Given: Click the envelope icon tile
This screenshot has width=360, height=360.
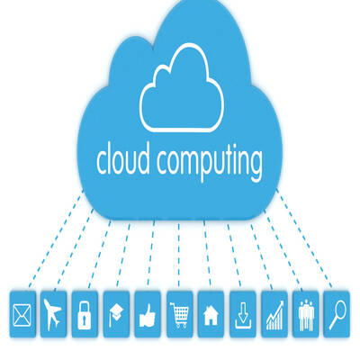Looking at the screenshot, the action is [22, 314].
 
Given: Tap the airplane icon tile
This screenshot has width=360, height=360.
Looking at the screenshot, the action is [53, 314].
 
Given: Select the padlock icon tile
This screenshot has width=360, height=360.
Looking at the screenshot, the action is [85, 314].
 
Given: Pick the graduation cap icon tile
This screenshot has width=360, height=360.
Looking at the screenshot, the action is [116, 314].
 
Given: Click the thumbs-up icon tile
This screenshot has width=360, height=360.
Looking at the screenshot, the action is [148, 314].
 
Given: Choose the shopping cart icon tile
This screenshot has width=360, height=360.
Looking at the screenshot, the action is [179, 314].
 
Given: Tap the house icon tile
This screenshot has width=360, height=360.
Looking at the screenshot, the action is [211, 314].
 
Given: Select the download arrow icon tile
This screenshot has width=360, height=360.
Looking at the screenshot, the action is [243, 314].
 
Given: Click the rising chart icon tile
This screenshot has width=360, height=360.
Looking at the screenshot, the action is [274, 314].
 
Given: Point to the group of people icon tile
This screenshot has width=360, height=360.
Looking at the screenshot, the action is [306, 314].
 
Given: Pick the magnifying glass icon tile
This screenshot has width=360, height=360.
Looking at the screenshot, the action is [337, 314].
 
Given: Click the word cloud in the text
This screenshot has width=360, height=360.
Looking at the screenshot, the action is [123, 158].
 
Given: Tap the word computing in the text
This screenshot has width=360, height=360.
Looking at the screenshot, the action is [210, 162].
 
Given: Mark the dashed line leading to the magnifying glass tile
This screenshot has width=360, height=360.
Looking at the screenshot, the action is [303, 238].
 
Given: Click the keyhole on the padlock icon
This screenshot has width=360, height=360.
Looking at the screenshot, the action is [85, 319].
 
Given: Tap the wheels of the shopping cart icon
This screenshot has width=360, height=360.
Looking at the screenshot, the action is [179, 326].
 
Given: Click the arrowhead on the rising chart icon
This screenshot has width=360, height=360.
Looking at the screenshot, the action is [281, 304].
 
